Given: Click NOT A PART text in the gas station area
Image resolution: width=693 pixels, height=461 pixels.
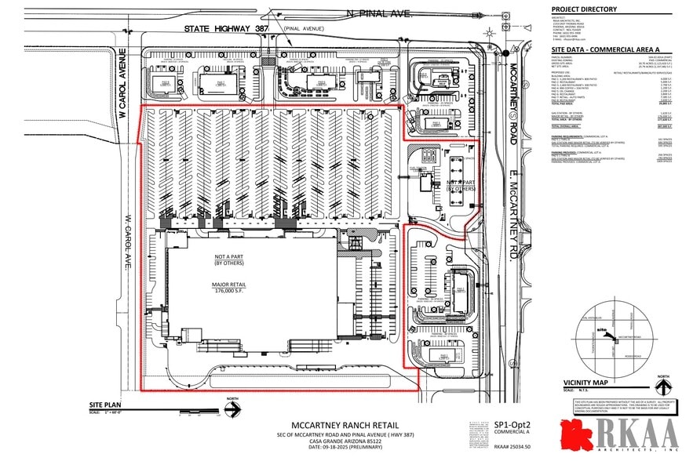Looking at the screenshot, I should coord(461,183).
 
